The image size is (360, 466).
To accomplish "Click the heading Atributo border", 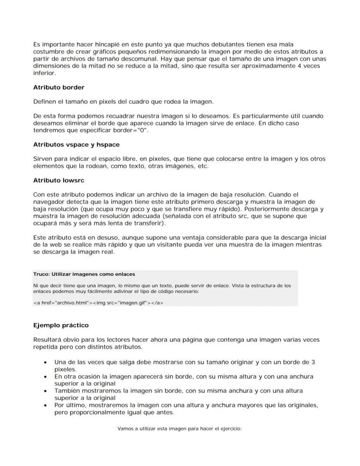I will (59, 87).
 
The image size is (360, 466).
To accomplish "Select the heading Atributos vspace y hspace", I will (76, 144).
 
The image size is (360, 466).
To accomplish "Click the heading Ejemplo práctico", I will (61, 325).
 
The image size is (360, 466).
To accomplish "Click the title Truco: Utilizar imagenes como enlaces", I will (84, 274).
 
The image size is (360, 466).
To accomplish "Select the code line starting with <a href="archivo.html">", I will (98, 303).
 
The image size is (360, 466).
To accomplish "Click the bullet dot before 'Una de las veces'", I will (46, 362).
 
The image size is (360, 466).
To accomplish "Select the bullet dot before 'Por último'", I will (46, 405).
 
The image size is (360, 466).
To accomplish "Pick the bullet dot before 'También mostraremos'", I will (46, 391).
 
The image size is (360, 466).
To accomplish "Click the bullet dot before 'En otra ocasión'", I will (46, 376).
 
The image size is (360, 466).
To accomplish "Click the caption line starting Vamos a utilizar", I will (179, 429).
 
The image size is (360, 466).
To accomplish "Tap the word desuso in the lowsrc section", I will (108, 238).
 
